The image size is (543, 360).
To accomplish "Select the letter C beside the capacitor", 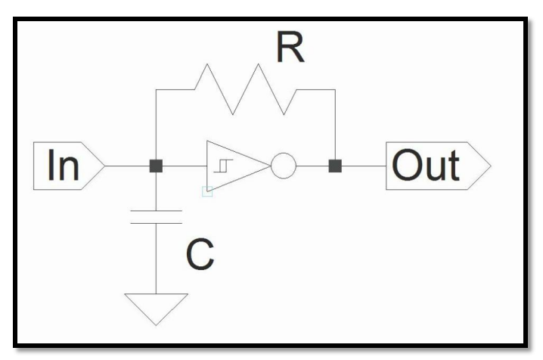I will coord(201,257).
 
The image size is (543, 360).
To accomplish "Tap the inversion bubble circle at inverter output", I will coord(284,166).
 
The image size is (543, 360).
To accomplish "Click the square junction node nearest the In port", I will coord(155,166).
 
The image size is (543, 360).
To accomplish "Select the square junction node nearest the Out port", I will coord(334,166).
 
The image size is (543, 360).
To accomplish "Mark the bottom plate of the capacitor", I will coord(155,223).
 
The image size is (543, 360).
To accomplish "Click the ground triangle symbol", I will coord(155,306).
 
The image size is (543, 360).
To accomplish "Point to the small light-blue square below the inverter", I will coord(208,191).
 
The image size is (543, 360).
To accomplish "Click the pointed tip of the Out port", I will coord(489,166).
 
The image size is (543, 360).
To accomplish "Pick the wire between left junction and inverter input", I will coord(182,166).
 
